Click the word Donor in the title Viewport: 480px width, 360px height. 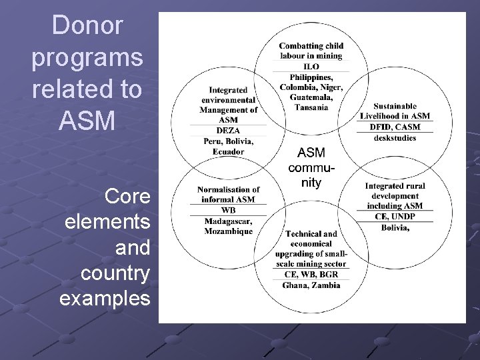tap(87, 26)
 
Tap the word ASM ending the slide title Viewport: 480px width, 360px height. tap(87, 121)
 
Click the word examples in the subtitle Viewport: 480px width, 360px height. tap(105, 298)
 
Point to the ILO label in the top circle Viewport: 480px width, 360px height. tap(311, 67)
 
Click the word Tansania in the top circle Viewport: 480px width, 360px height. tap(311, 107)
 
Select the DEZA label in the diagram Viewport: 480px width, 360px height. tap(228, 131)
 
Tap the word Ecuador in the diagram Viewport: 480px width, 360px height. tap(228, 151)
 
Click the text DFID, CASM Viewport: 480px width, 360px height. tap(395, 127)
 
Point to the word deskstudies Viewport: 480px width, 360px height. tap(395, 137)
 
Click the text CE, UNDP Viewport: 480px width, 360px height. tap(395, 217)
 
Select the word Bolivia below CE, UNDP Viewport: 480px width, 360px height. tap(395, 227)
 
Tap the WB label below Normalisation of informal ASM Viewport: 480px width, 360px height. tap(228, 211)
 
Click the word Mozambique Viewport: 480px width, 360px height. tap(228, 231)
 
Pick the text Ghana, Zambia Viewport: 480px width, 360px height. tap(311, 285)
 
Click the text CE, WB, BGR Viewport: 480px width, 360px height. tap(311, 274)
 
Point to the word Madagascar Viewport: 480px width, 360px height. tap(228, 221)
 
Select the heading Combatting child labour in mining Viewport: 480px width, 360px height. tap(311, 51)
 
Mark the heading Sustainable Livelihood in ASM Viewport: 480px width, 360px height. tap(395, 111)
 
